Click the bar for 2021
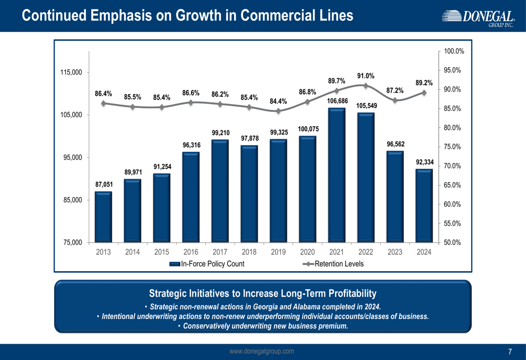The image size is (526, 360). [x=337, y=175]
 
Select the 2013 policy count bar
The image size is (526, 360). [x=103, y=217]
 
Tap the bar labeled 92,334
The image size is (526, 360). [x=424, y=205]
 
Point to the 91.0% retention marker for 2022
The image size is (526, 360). [x=366, y=86]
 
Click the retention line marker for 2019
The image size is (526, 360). [x=278, y=111]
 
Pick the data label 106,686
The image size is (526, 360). [x=337, y=100]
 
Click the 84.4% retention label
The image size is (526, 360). [x=278, y=101]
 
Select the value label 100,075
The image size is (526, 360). [x=308, y=129]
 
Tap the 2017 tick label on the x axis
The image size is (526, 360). [x=220, y=252]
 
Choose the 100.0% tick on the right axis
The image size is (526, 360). [x=454, y=52]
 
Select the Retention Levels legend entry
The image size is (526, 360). [x=339, y=264]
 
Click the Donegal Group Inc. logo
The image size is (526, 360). [x=478, y=19]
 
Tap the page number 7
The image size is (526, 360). [x=510, y=352]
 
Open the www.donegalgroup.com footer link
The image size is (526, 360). [x=262, y=352]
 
